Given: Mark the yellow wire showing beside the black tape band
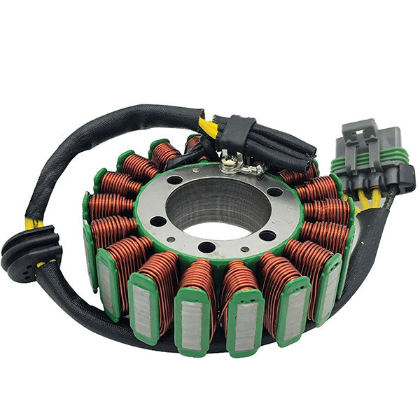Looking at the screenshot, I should pos(207,127).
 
